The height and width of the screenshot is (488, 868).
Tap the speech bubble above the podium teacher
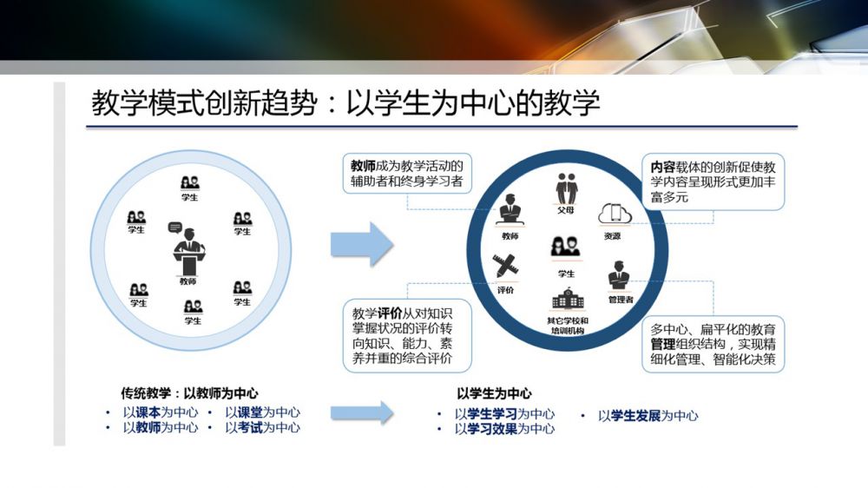pyautogui.click(x=175, y=228)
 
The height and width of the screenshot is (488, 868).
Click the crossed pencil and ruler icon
pyautogui.click(x=505, y=267)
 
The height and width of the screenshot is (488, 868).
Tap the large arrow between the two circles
pyautogui.click(x=362, y=244)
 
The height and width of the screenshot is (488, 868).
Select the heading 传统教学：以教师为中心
pyautogui.click(x=189, y=393)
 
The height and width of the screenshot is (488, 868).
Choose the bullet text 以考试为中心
pyautogui.click(x=263, y=427)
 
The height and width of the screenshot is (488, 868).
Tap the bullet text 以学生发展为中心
pyautogui.click(x=648, y=415)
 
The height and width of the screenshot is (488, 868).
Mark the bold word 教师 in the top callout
pyautogui.click(x=364, y=166)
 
